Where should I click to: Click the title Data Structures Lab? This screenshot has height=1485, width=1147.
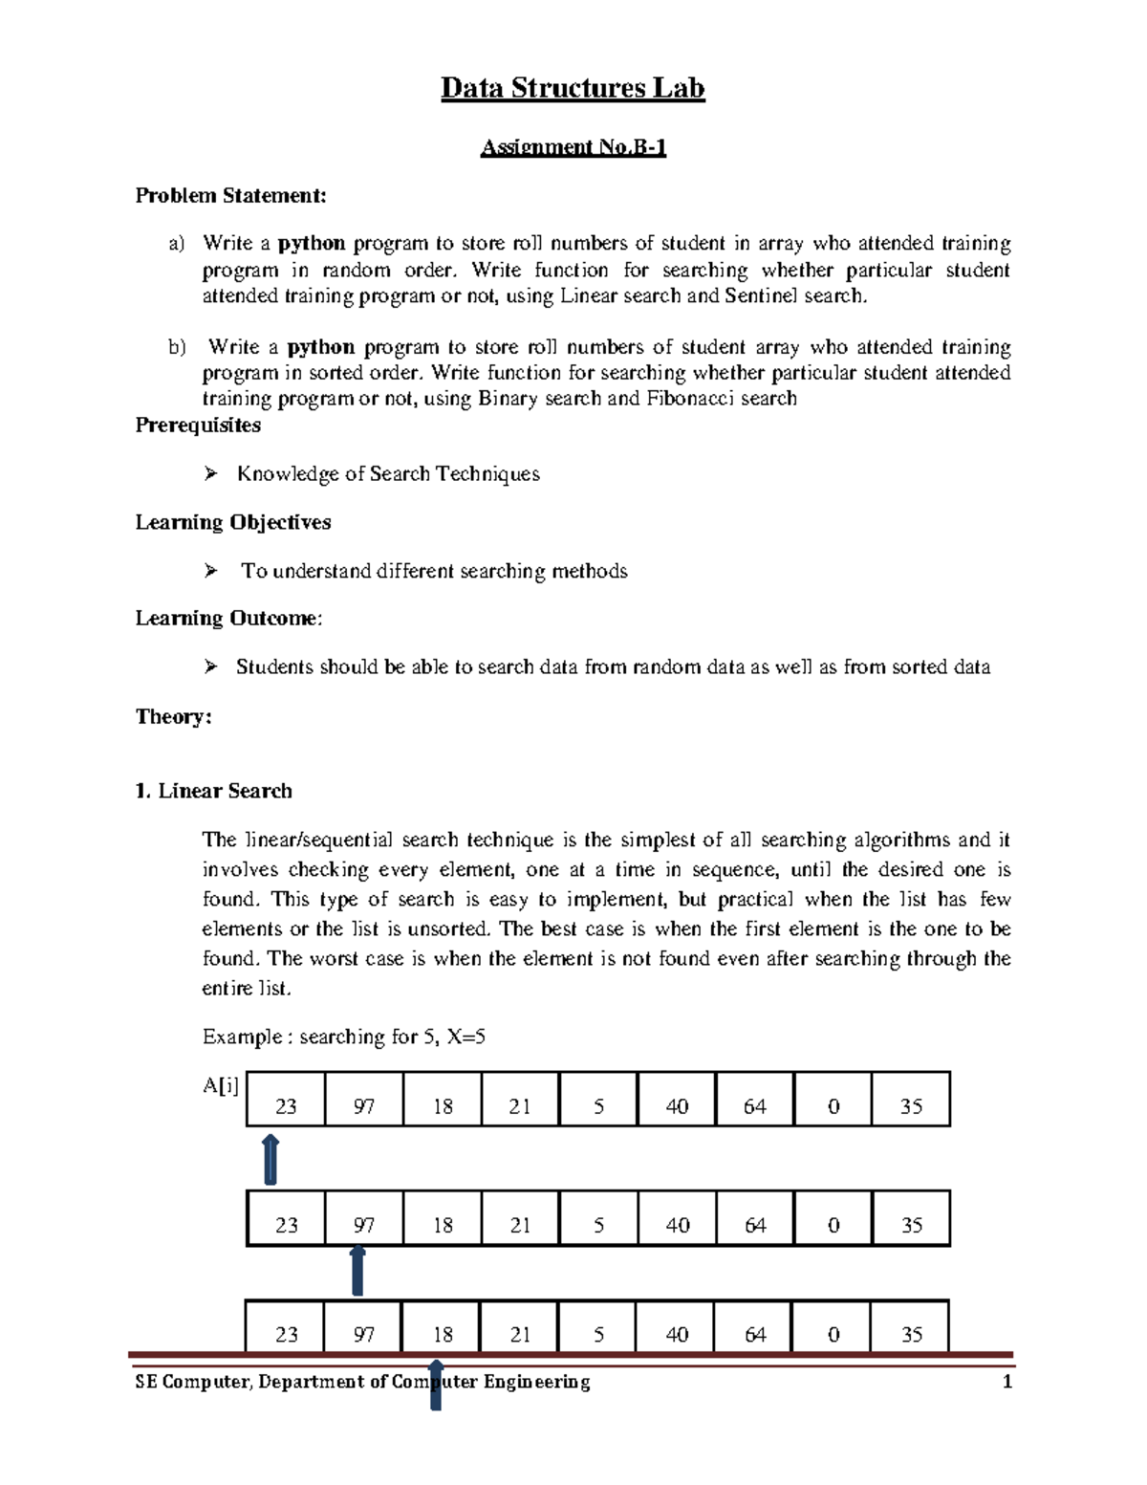573,88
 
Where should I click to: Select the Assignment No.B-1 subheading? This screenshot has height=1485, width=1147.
573,146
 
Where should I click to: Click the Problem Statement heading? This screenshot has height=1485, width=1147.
230,196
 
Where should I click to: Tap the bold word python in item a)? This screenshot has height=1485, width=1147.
312,243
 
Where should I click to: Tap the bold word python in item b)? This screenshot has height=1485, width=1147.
321,347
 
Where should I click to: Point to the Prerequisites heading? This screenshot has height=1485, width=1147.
198,426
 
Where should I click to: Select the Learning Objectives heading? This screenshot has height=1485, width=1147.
233,522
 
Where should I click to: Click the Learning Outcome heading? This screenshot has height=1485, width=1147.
228,619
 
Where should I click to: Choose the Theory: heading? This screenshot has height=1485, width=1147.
173,717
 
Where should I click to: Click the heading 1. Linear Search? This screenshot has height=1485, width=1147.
213,791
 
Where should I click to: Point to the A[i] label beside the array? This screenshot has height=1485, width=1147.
221,1085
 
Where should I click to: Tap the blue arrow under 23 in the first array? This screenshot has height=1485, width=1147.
271,1159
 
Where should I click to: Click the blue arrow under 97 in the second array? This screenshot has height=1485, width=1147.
357,1271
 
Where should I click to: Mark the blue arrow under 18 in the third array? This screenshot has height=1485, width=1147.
436,1384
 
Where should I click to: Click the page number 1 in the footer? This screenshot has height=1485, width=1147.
1006,1382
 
